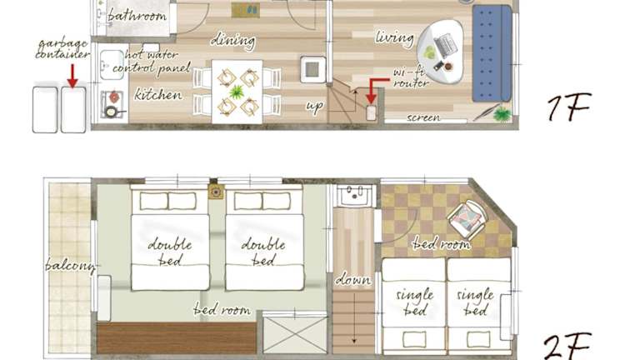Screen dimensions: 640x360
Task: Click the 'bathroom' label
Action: [x=137, y=16]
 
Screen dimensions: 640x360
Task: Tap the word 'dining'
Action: [x=233, y=41]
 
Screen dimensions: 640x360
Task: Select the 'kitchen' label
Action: [x=158, y=95]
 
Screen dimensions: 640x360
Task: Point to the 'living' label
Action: [x=394, y=38]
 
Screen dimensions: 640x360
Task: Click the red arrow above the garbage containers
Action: [x=72, y=76]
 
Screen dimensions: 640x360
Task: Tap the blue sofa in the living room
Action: [x=492, y=53]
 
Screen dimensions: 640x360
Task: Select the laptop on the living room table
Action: [x=445, y=45]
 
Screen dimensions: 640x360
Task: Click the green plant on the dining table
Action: [x=237, y=92]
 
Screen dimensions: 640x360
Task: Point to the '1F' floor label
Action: [x=569, y=107]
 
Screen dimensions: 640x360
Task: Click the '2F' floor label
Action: [x=567, y=346]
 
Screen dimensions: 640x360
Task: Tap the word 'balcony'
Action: [x=70, y=266]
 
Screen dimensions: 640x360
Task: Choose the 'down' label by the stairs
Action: [x=353, y=280]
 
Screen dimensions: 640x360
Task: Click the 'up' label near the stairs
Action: [x=315, y=106]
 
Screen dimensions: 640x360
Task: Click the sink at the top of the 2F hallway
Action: [x=354, y=196]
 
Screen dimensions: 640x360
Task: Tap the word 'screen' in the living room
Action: [x=423, y=117]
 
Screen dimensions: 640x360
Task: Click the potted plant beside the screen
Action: [x=502, y=113]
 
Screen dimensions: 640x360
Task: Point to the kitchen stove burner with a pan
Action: [x=111, y=111]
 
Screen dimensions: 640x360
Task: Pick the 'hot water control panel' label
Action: [x=152, y=61]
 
